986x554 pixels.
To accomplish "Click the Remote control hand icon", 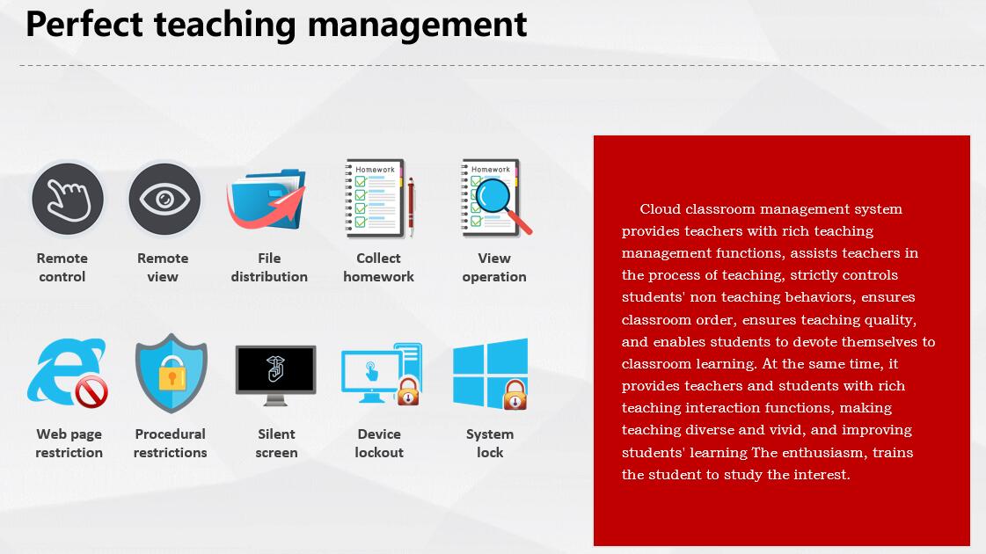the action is pos(68,200).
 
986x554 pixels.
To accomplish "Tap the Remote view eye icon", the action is pos(164,200).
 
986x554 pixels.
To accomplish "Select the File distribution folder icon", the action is pos(267,198).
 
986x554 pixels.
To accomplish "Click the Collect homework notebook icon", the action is pos(375,198).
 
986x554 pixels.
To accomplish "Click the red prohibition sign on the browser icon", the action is pos(91,392).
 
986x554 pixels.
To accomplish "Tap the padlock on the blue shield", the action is pos(172,373).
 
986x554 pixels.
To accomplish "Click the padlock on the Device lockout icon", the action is pos(408,391).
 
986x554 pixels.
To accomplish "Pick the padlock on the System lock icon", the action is pos(515,395).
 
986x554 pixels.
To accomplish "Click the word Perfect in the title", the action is pos(84,26).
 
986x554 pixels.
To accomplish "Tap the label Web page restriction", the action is pos(69,443).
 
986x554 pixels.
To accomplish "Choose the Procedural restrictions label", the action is pos(171,443).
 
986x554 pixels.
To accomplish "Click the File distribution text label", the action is pos(269,267).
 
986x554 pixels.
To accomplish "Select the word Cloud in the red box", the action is pos(661,208).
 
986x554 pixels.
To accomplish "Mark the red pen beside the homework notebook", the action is pos(412,207).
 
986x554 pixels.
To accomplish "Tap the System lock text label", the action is pos(490,443).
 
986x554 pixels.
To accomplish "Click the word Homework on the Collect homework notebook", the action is pos(375,170).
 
